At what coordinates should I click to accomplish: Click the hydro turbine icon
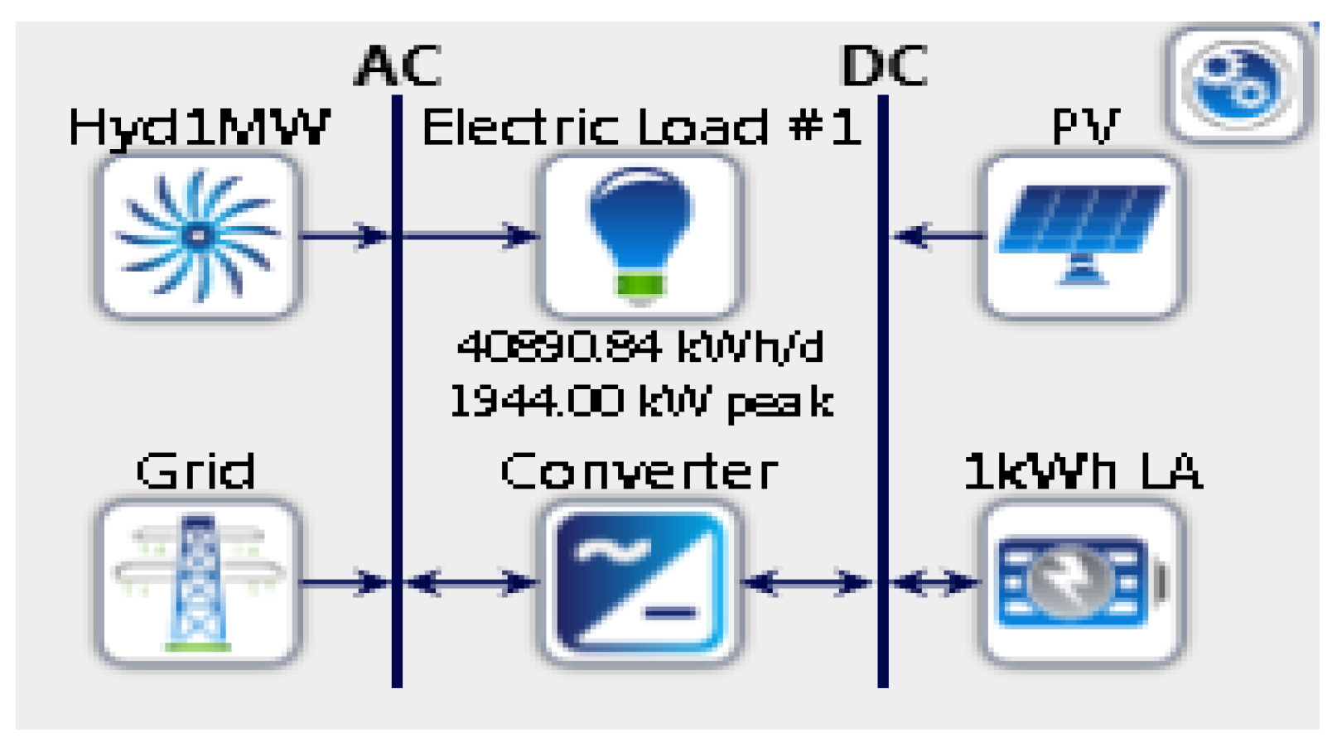pos(197,236)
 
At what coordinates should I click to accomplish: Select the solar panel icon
pos(1083,235)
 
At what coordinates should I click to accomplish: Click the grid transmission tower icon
pos(197,582)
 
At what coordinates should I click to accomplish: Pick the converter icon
pos(640,582)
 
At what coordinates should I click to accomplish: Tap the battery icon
pos(1083,582)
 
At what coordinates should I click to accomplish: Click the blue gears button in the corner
pos(1238,84)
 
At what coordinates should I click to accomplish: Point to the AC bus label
pos(398,66)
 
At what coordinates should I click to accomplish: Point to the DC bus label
pos(884,66)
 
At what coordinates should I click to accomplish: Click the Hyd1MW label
pos(199,128)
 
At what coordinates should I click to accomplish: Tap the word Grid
pos(195,472)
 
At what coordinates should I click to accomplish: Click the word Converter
pos(640,472)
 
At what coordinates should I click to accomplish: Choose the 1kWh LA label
pos(1083,472)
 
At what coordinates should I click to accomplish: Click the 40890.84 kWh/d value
pos(640,347)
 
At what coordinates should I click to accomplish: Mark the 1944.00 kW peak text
pos(640,402)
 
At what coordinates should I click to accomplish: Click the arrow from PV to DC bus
pos(936,236)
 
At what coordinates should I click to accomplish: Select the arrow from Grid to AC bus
pos(344,582)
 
